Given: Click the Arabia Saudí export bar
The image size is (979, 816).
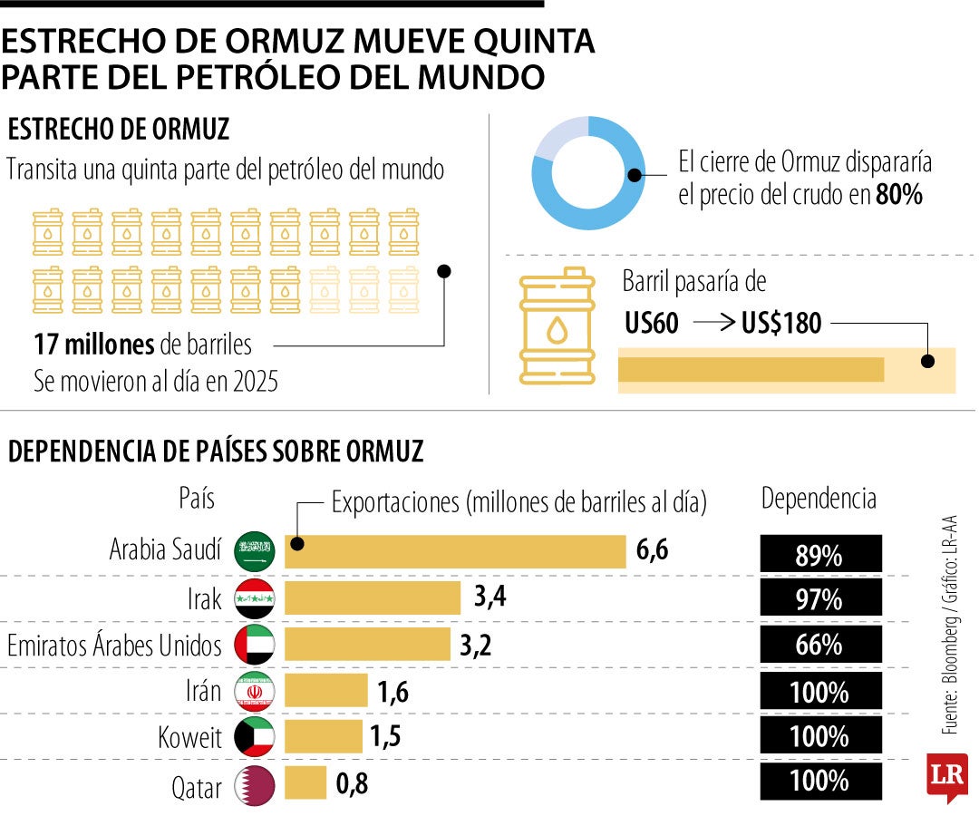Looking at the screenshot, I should coord(455,551).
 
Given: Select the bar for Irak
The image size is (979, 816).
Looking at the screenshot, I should coord(373,598).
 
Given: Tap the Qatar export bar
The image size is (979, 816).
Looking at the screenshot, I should coord(305,783).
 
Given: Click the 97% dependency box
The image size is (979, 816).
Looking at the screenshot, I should coord(819,599).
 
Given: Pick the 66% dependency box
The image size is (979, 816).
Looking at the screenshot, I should coord(819,646).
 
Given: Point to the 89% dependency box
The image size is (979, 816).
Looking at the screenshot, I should coord(819,554).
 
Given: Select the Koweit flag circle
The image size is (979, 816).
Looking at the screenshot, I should coord(255,737).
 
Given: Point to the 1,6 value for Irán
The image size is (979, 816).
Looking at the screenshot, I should coord(393,692).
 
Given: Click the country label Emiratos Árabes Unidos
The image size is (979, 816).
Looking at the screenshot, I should coord(114,646).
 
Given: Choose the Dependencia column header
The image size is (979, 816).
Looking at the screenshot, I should coord(819,498).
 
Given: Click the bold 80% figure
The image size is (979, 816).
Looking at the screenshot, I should coord(898,195).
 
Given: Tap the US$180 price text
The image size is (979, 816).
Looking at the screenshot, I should coord(780,323).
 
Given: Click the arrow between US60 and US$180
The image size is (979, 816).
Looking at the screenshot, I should coord(712,323).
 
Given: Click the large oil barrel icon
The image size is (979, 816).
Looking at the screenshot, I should coord(557,325).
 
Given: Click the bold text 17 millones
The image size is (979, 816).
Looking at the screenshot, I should coord(93,345).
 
